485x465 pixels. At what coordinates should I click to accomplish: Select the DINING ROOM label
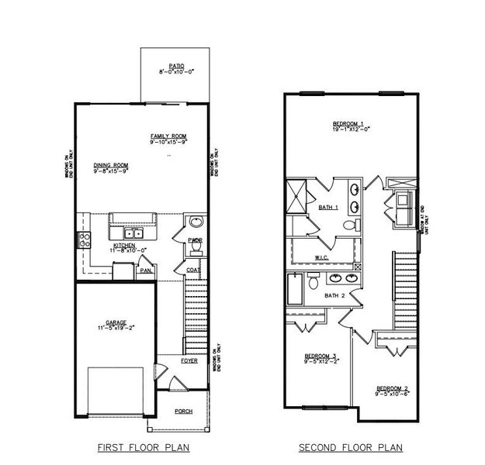111,165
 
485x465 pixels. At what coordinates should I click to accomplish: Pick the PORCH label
183,411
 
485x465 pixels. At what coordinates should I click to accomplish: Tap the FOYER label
189,360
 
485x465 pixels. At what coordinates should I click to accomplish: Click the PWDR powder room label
195,241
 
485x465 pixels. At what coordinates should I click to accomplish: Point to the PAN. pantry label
146,270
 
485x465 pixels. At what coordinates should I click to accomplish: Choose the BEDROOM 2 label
392,388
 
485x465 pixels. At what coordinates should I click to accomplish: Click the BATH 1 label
328,208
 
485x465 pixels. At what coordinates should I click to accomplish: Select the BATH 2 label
334,295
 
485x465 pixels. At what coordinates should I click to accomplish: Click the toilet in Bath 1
350,226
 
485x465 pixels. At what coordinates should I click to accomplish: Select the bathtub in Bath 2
295,289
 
